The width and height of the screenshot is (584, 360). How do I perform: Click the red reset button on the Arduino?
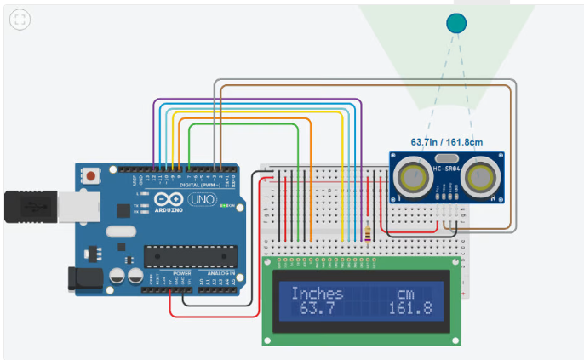tap(89, 175)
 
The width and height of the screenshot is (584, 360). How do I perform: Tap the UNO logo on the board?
tap(202, 199)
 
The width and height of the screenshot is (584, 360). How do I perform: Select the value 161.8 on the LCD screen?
tap(410, 307)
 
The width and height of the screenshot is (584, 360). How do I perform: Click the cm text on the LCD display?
tap(407, 294)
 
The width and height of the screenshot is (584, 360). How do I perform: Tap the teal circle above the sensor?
tap(457, 23)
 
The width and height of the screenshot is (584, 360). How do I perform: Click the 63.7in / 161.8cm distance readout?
tap(447, 142)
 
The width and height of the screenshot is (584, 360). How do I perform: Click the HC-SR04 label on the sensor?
tap(447, 169)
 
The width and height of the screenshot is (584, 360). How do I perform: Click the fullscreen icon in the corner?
tap(20, 20)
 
